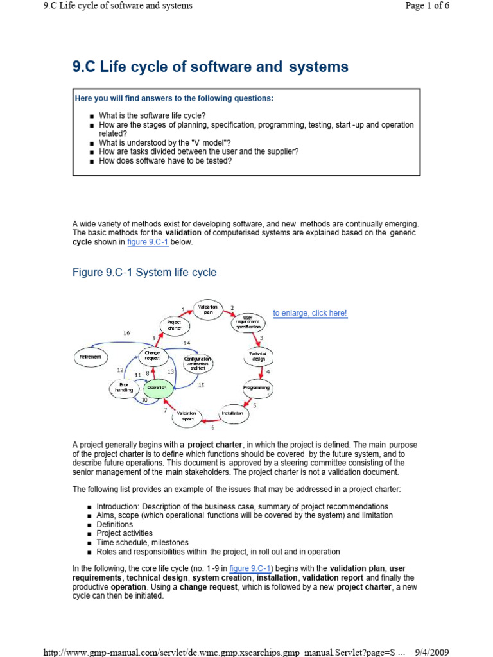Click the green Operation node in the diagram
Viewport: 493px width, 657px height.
pyautogui.click(x=157, y=388)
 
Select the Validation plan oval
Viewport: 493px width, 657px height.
pyautogui.click(x=208, y=309)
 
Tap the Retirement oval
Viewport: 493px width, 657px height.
pyautogui.click(x=90, y=356)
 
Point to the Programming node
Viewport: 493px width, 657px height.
pyautogui.click(x=257, y=388)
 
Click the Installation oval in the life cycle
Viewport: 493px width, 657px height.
pyautogui.click(x=232, y=414)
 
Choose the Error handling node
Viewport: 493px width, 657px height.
pyautogui.click(x=124, y=388)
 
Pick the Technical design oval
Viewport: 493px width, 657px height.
pyautogui.click(x=258, y=356)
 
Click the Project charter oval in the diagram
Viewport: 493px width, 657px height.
pyautogui.click(x=175, y=325)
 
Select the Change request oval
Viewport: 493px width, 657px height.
pyautogui.click(x=152, y=355)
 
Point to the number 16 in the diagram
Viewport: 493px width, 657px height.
pyautogui.click(x=126, y=333)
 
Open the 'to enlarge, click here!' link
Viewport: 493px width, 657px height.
pyautogui.click(x=310, y=313)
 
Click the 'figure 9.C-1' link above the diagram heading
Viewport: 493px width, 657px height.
pyautogui.click(x=148, y=243)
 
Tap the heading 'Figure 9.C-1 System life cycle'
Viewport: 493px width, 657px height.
pyautogui.click(x=144, y=273)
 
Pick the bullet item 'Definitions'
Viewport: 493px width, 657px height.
pyautogui.click(x=115, y=524)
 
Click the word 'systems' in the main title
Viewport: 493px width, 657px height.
pyautogui.click(x=318, y=67)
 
